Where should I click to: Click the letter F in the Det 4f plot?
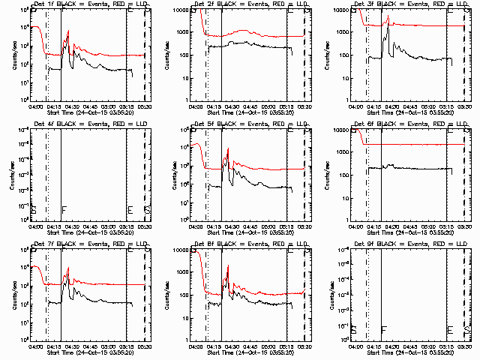point(64,209)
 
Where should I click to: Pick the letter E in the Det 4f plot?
point(130,209)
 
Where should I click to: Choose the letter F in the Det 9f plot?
point(384,329)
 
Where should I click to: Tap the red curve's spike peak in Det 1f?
point(68,31)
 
